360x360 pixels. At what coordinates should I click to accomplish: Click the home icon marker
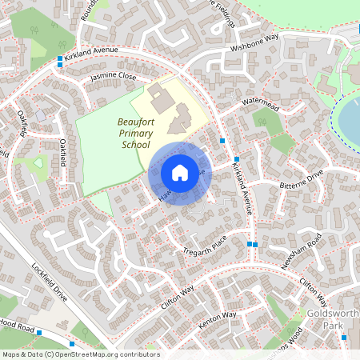(180, 173)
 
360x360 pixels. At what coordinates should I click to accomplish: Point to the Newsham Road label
(303, 254)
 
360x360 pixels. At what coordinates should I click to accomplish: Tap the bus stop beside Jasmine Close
(60, 61)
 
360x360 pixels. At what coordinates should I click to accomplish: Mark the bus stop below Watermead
(222, 141)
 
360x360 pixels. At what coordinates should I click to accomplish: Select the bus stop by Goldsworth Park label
(344, 337)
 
